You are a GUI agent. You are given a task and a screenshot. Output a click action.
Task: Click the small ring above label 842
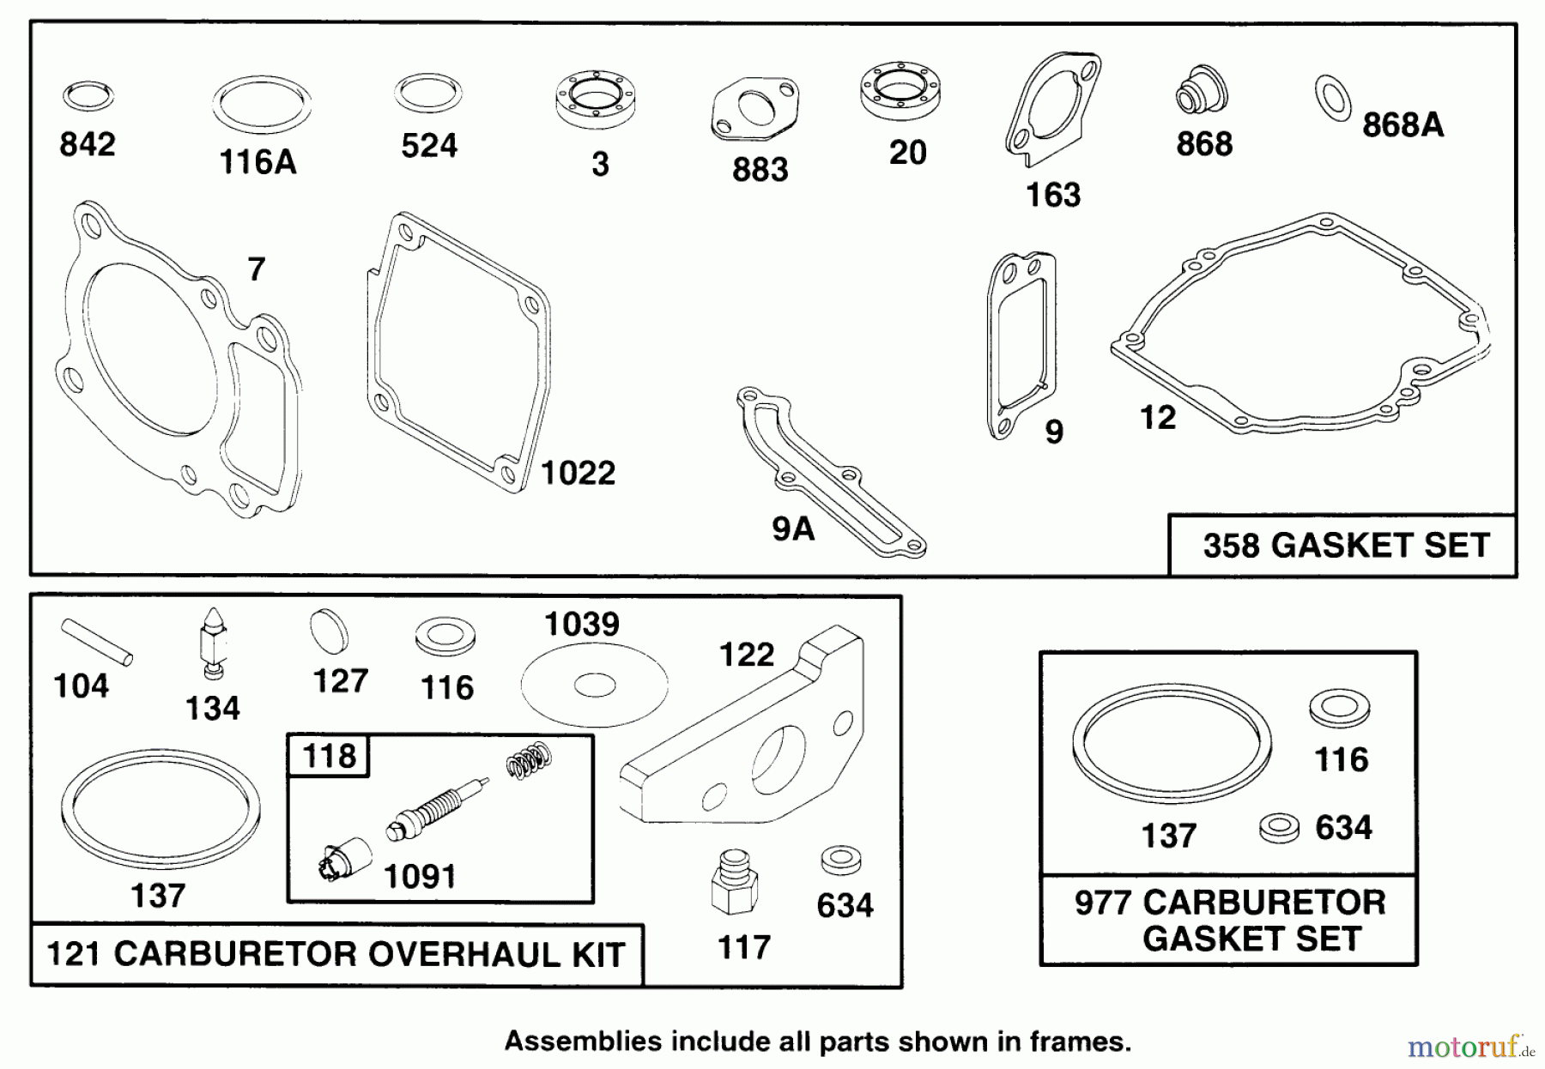[x=88, y=96]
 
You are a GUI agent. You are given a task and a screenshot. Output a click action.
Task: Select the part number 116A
[x=257, y=162]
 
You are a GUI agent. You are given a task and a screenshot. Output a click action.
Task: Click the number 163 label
[x=1053, y=195]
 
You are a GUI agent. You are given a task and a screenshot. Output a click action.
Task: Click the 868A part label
[x=1403, y=125]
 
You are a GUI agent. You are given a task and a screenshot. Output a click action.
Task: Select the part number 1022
[x=578, y=473]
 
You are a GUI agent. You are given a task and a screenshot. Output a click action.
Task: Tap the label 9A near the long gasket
[x=792, y=528]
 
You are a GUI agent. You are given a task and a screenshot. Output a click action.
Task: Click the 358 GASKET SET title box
[x=1344, y=546]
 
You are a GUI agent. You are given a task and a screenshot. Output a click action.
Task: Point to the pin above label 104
[x=97, y=643]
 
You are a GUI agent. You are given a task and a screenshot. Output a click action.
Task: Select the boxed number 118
[x=330, y=756]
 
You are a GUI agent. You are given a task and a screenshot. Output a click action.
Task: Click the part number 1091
[x=419, y=877]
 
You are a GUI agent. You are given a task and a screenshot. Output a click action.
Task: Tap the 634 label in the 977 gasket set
[x=1343, y=828]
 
